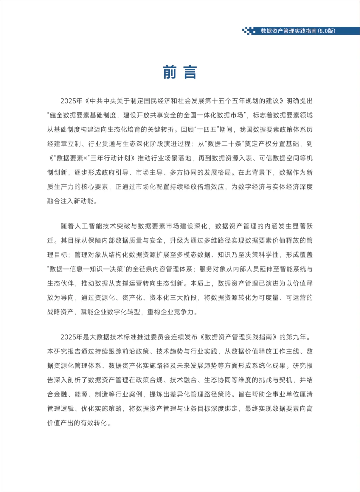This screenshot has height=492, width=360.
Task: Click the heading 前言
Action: [x=180, y=72]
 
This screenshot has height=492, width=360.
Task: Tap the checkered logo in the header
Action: [x=249, y=31]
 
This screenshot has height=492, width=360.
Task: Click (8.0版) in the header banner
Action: [x=326, y=31]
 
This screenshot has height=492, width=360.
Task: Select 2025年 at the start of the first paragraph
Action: [x=71, y=101]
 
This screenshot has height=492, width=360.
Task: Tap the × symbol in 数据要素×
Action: [x=85, y=158]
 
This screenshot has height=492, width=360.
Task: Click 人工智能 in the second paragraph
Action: [x=88, y=226]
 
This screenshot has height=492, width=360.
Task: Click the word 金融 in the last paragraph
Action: [x=61, y=395]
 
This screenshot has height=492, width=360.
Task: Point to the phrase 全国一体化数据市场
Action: [x=208, y=115]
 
